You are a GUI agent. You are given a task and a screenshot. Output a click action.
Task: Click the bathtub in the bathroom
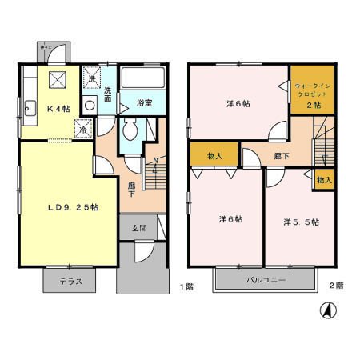point(142,79)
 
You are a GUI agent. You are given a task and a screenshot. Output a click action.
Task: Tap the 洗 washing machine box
point(91,78)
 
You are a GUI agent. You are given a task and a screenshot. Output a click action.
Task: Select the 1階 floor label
point(186,286)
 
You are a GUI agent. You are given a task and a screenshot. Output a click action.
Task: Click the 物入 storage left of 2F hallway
point(214,155)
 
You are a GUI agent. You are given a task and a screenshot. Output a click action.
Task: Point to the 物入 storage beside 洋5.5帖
point(324,180)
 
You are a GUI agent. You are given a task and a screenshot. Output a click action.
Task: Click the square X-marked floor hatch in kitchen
point(58,78)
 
